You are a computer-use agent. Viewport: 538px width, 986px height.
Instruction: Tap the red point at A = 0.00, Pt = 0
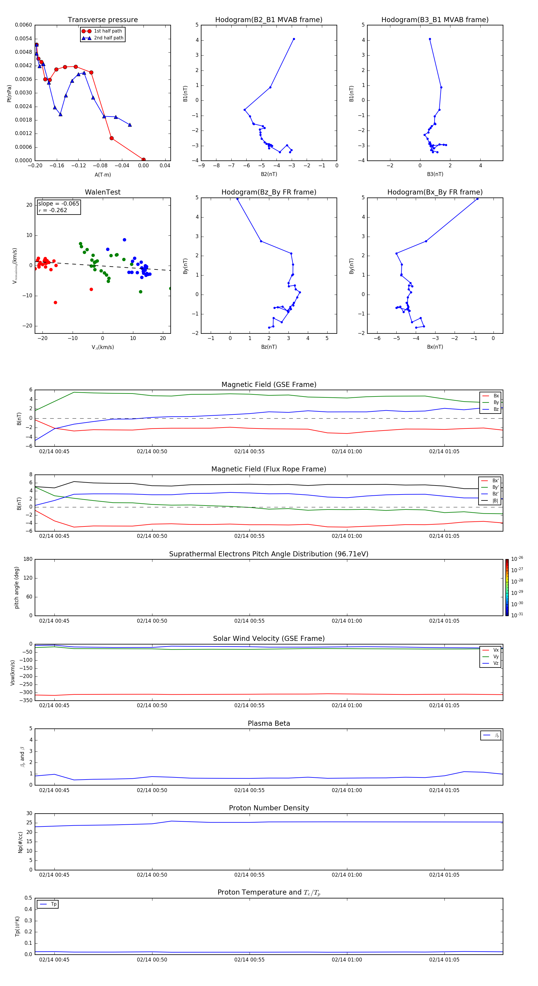point(143,160)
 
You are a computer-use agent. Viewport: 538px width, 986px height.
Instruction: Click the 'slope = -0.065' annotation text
point(59,204)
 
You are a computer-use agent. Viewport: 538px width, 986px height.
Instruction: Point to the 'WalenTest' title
point(103,192)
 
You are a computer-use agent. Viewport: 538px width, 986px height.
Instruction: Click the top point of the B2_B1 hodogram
point(294,39)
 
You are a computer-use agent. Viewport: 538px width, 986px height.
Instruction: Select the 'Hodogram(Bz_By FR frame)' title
point(269,192)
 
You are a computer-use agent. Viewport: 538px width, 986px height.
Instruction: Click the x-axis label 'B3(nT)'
point(435,174)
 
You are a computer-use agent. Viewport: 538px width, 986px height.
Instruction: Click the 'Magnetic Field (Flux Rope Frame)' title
point(269,469)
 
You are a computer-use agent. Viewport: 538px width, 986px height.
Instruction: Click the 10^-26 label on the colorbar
point(517,559)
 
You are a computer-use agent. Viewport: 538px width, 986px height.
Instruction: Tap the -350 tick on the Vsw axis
point(26,700)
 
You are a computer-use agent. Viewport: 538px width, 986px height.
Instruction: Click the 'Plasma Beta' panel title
point(269,723)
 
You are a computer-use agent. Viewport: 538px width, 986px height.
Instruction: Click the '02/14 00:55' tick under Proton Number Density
point(249,875)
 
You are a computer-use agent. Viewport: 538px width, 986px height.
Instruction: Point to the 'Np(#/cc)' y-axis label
point(20,842)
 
